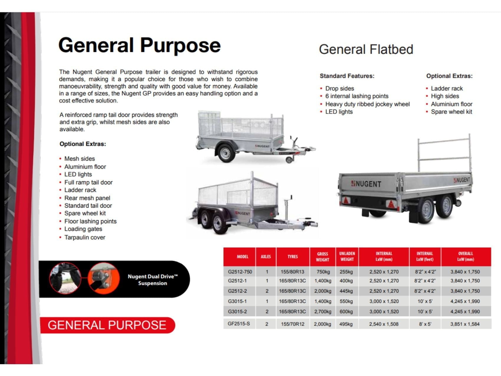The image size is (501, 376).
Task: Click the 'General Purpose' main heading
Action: click(139, 45)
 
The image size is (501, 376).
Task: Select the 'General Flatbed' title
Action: click(366, 50)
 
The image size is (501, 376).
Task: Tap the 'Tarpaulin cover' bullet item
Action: click(85, 237)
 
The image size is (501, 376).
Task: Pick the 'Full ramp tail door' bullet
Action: click(88, 182)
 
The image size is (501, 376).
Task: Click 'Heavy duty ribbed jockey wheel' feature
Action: click(367, 104)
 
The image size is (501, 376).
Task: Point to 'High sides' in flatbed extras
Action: click(445, 96)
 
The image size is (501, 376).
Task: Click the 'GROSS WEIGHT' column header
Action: click(322, 257)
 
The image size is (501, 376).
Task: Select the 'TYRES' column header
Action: click(293, 257)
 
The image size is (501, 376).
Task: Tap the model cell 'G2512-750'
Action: click(240, 272)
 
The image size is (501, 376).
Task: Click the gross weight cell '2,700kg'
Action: click(323, 311)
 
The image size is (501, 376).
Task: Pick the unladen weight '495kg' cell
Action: click(346, 324)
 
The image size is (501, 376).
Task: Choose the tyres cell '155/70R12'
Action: click(293, 324)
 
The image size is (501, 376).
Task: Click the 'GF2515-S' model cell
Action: click(239, 324)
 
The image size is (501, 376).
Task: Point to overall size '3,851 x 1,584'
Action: click(465, 324)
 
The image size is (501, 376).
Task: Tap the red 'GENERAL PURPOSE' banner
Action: click(107, 325)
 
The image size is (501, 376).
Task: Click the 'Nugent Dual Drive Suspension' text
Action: click(152, 280)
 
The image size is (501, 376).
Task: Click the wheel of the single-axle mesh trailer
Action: click(225, 153)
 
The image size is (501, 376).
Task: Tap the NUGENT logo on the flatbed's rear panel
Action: click(366, 184)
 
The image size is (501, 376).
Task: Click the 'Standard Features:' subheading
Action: click(347, 76)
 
